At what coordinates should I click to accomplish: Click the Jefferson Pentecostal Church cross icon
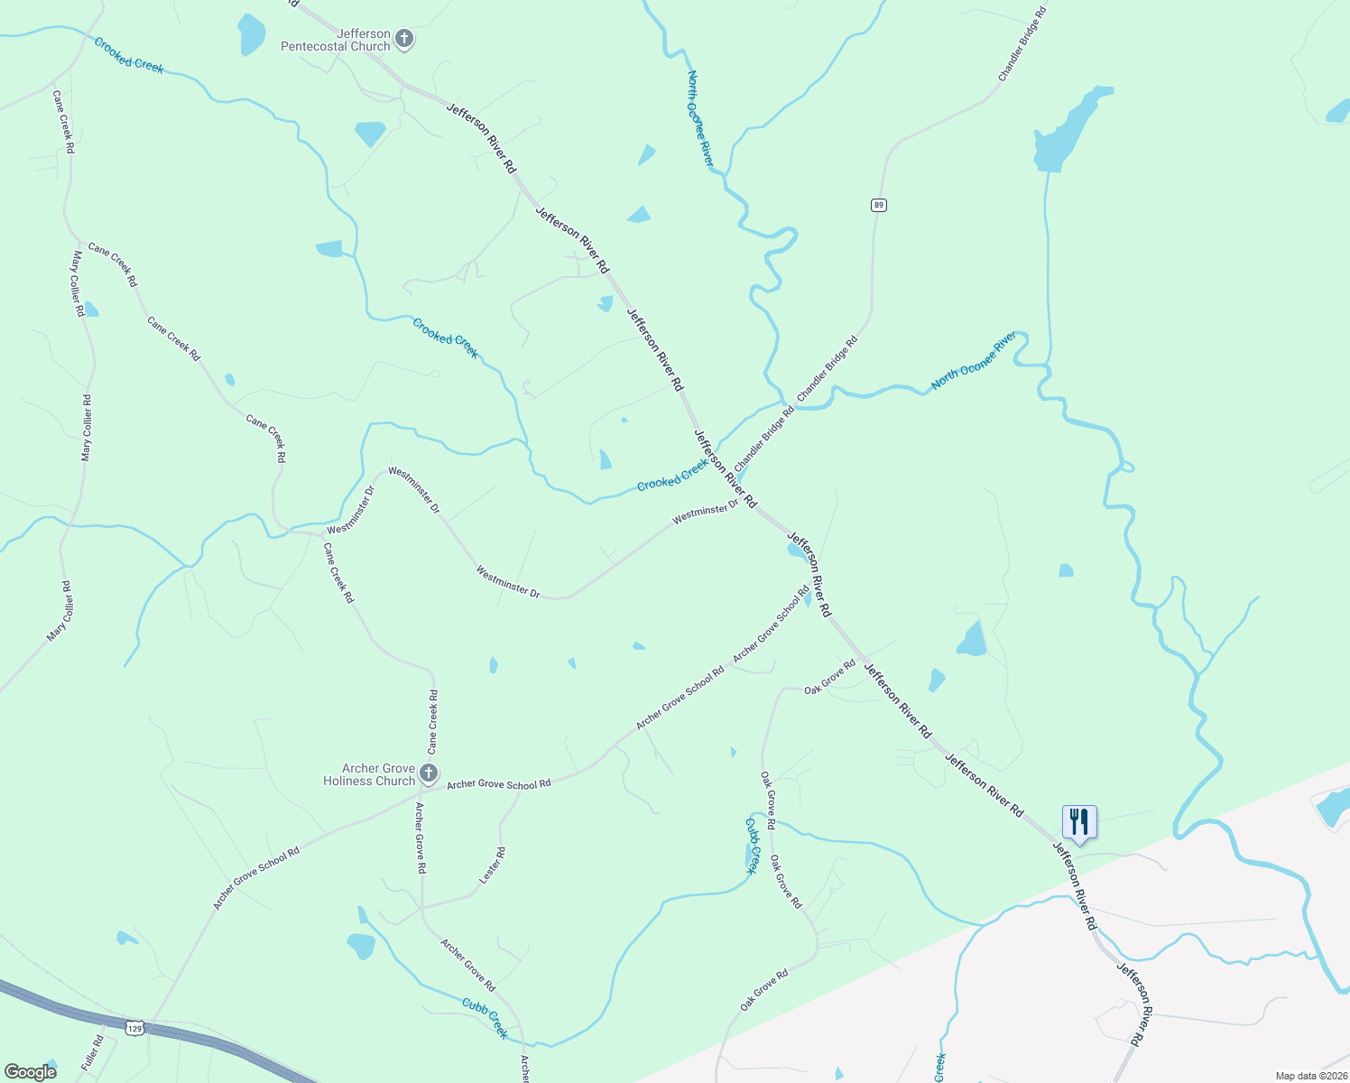point(405,39)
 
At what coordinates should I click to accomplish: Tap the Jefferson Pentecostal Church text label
point(336,40)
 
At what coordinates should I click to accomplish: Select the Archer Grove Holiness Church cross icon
point(429,773)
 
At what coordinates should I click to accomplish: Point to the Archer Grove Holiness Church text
point(369,774)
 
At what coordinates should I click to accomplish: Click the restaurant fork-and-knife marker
point(1079,822)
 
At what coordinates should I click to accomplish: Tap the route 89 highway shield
point(879,205)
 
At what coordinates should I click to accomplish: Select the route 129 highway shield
point(134,1028)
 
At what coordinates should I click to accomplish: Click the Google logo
point(30,1071)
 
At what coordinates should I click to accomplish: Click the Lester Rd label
point(492,865)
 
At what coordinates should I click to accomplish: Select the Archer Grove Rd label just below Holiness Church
point(421,838)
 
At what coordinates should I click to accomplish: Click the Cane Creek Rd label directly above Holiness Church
point(433,722)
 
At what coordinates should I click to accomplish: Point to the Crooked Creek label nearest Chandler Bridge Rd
point(672,476)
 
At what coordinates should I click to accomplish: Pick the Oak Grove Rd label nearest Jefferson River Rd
point(829,678)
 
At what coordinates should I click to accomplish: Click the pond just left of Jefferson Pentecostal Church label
point(252,33)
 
